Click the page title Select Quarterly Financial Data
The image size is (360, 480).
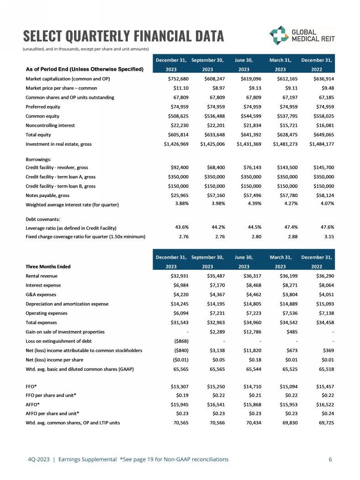tap(123, 36)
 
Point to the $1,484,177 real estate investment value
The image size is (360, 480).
tap(322, 144)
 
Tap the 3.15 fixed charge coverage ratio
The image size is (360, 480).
tap(328, 236)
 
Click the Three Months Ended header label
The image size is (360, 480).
tap(48, 266)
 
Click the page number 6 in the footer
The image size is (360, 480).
tap(330, 459)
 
